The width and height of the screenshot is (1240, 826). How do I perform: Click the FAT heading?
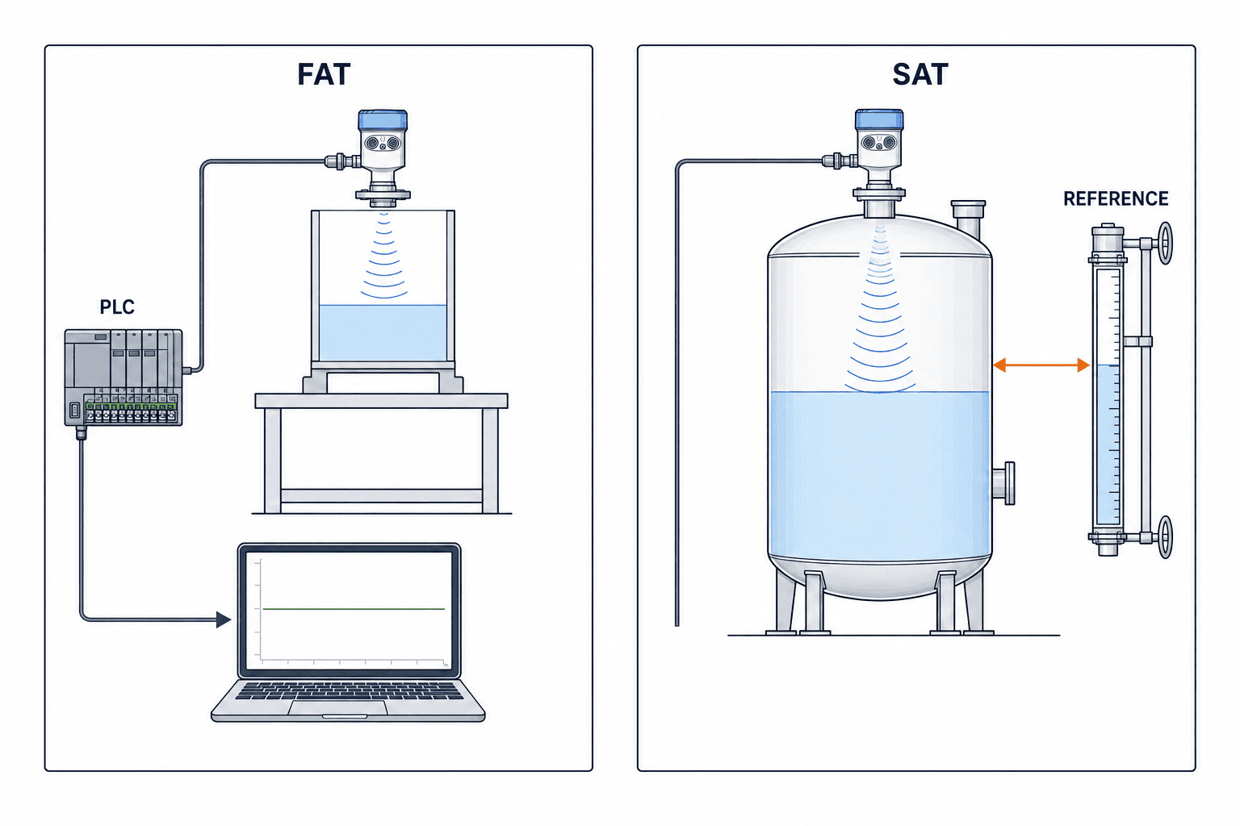pos(324,75)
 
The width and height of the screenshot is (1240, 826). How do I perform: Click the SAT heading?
pos(920,75)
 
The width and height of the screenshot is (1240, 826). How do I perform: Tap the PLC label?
pos(117,307)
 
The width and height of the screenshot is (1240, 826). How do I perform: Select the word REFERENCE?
pos(1116,198)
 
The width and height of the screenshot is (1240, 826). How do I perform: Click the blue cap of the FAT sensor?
pos(383,120)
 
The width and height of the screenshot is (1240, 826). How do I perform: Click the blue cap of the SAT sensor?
pos(879,119)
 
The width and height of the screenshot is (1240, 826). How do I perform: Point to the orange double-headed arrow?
pos(1041,365)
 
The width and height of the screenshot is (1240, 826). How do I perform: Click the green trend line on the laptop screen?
pos(354,608)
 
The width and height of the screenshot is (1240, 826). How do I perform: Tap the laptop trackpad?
pos(337,707)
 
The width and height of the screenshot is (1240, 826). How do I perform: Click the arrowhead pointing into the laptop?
pos(224,619)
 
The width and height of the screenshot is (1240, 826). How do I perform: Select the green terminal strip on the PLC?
pos(132,407)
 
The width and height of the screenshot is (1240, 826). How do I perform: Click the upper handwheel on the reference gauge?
pos(1165,244)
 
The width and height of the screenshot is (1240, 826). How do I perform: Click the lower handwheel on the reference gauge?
pos(1165,537)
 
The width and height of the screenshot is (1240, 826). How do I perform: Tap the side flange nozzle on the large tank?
pos(1003,483)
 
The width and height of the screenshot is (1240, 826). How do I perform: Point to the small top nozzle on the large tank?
pos(968,219)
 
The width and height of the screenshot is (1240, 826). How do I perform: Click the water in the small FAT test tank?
pos(383,332)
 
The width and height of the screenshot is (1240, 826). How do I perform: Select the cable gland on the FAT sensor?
pos(342,161)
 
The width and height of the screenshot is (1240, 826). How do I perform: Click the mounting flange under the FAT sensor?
pos(383,195)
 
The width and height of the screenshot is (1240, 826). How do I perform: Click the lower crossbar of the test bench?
pos(381,495)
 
